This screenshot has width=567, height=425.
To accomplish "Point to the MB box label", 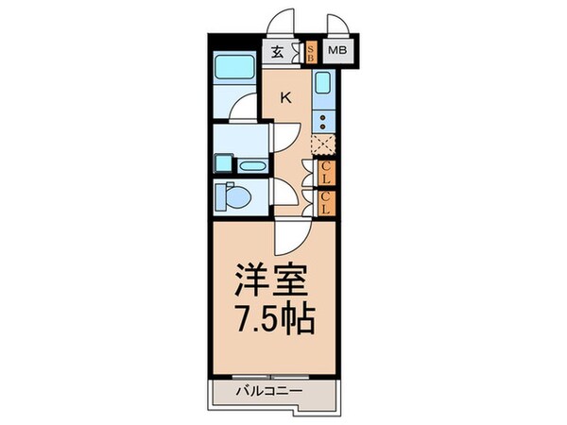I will (x=336, y=53).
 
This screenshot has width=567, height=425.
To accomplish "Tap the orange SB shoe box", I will (x=309, y=53).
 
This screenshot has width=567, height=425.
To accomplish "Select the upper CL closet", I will (x=325, y=173).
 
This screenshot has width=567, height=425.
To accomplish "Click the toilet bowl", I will (x=232, y=196).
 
